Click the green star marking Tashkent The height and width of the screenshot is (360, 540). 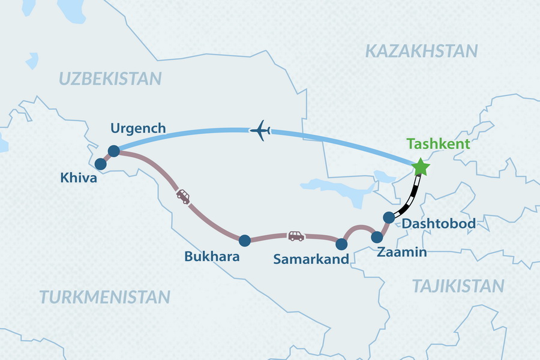coord(421,167)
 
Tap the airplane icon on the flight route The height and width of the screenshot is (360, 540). coord(260,130)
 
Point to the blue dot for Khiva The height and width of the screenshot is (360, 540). coord(101,163)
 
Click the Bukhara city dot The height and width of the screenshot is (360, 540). coord(244,241)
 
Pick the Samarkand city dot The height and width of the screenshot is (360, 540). coord(341,244)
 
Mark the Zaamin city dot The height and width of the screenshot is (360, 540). coord(377,237)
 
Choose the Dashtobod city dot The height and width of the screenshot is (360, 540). coord(389,217)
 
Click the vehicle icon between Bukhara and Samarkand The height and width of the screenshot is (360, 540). coord(296,236)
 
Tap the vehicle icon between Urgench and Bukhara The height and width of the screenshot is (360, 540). coord(183,196)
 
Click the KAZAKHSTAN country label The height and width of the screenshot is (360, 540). coord(421,51)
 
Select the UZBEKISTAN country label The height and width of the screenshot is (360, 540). coord(110,78)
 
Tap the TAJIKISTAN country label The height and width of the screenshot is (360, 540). coord(457,286)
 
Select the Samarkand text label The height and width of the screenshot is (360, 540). coord(311,260)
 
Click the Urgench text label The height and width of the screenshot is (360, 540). coord(138,128)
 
